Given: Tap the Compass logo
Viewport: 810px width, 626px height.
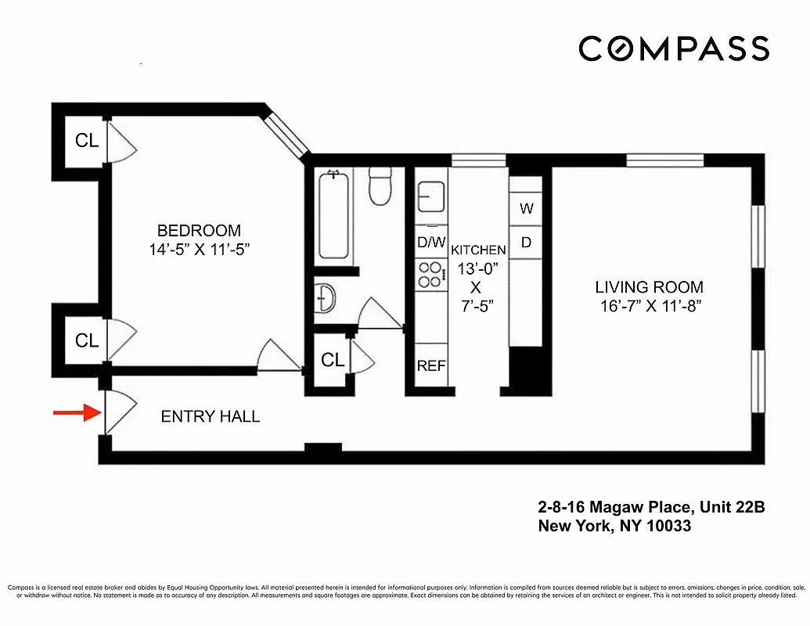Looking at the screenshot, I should [673, 49].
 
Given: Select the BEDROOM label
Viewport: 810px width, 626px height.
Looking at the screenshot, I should [199, 231].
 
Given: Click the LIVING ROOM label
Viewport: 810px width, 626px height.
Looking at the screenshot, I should [649, 287].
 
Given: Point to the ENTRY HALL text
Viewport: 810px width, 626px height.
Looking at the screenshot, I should [210, 417].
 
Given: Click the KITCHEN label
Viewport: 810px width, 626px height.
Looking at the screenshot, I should [477, 250].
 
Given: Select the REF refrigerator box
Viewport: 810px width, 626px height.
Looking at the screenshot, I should [431, 365].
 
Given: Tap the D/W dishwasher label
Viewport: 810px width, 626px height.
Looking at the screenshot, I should [430, 243].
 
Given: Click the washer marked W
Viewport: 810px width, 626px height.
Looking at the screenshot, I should [527, 209].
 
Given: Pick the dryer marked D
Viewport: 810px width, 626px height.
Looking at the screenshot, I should [527, 243].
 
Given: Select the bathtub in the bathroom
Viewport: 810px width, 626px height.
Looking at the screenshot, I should [335, 215].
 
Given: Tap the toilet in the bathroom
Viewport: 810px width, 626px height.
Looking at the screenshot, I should [380, 188].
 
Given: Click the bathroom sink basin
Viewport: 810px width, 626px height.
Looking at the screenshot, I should [326, 297].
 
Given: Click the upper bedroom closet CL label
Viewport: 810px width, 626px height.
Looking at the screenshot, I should [87, 141].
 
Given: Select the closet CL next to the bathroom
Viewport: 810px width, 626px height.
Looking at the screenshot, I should [333, 360].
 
